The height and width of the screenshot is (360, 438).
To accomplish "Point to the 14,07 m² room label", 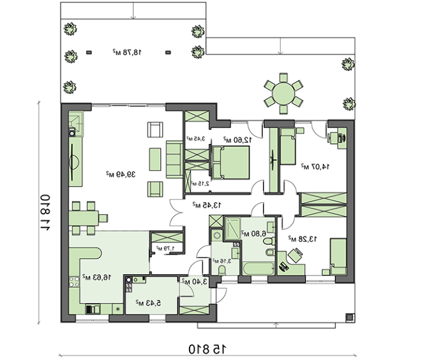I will click(312, 166).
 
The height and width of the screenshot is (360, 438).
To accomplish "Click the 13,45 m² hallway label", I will click(206, 204).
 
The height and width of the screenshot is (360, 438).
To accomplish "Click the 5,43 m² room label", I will click(150, 302).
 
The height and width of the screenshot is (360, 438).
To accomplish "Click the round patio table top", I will click(282, 94).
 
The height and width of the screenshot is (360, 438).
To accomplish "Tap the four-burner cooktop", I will click(130, 287).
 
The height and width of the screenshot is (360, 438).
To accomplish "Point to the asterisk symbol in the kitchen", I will click(117, 309).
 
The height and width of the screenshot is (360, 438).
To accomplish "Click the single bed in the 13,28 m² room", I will click(338, 255).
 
